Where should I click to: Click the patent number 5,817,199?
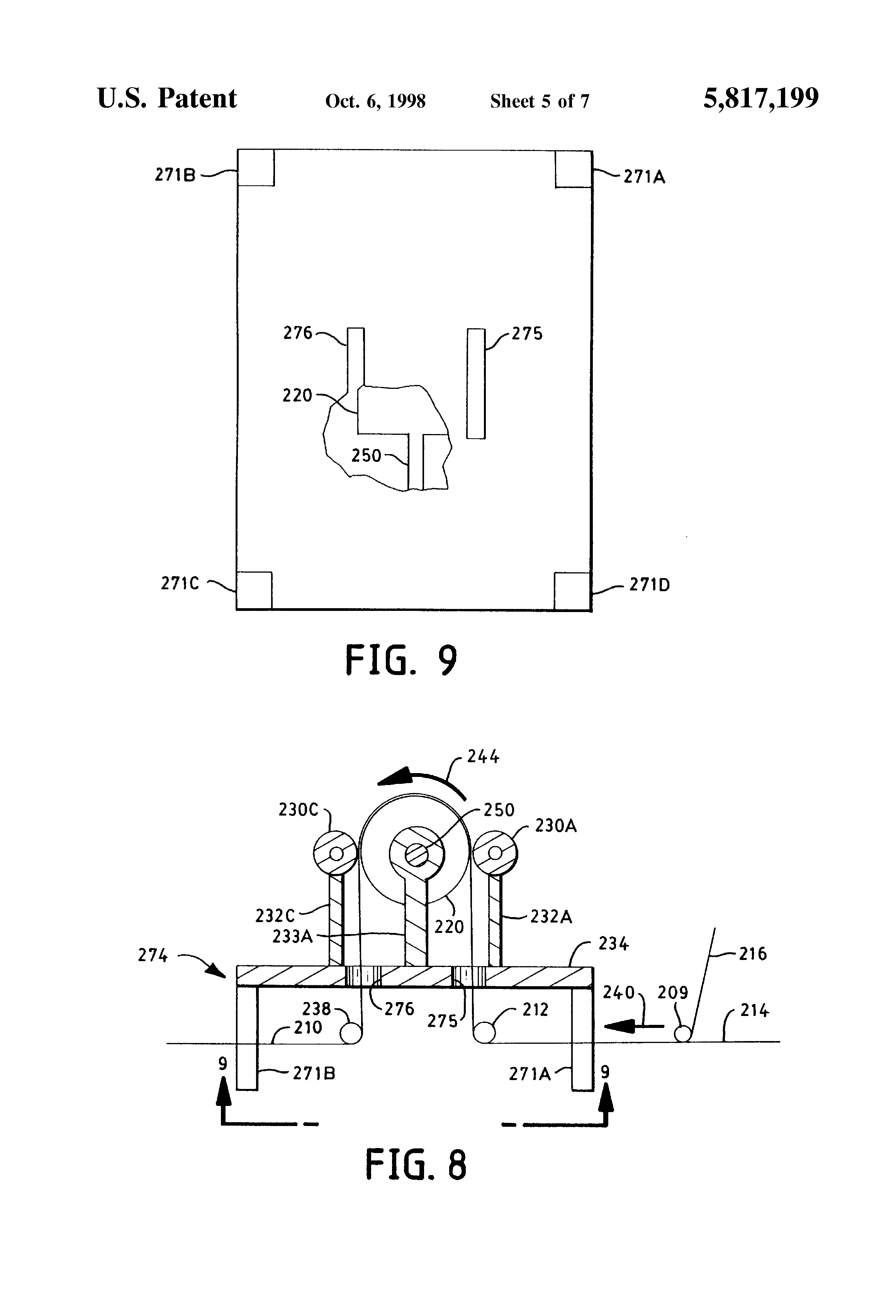point(761,98)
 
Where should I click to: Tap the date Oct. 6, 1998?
point(375,101)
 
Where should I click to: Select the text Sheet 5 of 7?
point(540,101)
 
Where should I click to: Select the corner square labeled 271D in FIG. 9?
point(573,591)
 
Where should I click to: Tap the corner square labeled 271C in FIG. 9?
point(254,590)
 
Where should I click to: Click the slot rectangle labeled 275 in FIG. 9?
point(476,383)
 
